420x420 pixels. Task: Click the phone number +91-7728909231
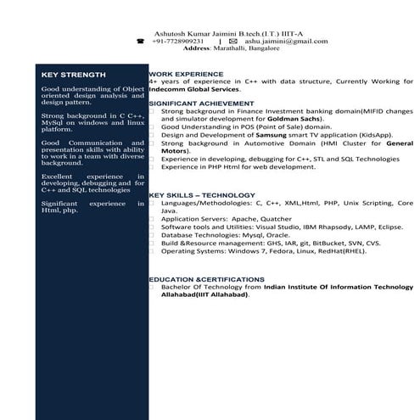click(x=178, y=41)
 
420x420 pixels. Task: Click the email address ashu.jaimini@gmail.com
click(x=286, y=41)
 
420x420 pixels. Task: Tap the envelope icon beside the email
click(x=232, y=41)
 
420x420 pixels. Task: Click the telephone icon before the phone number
click(x=142, y=41)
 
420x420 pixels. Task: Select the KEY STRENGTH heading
click(x=74, y=75)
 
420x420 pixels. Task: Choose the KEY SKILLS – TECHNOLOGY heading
click(x=201, y=195)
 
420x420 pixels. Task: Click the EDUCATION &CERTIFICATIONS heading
click(x=206, y=279)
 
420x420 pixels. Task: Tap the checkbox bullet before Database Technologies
click(x=152, y=235)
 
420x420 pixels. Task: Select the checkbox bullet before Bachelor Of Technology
click(x=152, y=288)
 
